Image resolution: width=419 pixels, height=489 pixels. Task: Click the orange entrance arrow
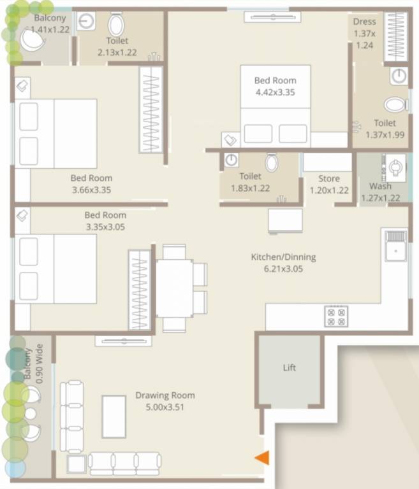pyautogui.click(x=262, y=457)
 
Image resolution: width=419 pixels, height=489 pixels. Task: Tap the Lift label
pyautogui.click(x=290, y=367)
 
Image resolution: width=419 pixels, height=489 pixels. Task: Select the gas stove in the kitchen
pyautogui.click(x=336, y=316)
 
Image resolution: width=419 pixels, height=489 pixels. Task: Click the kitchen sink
pyautogui.click(x=395, y=245)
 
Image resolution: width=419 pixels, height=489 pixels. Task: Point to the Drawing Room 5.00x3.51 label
pyautogui.click(x=165, y=401)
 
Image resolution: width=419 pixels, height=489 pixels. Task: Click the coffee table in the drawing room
pyautogui.click(x=114, y=416)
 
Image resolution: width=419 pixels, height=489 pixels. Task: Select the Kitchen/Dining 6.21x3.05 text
pyautogui.click(x=283, y=263)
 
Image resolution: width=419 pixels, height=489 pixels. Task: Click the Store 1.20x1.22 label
pyautogui.click(x=329, y=184)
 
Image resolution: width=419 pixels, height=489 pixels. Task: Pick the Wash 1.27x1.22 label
pyautogui.click(x=381, y=192)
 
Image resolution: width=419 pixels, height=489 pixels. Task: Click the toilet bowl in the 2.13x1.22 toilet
pyautogui.click(x=116, y=25)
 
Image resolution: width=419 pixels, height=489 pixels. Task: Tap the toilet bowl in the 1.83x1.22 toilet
pyautogui.click(x=272, y=163)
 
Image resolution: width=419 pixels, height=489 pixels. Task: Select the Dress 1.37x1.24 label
pyautogui.click(x=365, y=33)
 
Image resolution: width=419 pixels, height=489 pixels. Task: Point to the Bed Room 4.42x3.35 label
pyautogui.click(x=275, y=86)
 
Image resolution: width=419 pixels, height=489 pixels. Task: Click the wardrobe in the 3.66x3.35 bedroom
pyautogui.click(x=151, y=109)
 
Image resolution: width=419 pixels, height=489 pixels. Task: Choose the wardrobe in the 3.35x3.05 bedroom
pyautogui.click(x=139, y=290)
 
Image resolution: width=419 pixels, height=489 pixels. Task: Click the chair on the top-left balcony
pyautogui.click(x=31, y=41)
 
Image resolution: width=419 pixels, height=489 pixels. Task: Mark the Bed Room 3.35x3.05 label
pyautogui.click(x=105, y=221)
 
